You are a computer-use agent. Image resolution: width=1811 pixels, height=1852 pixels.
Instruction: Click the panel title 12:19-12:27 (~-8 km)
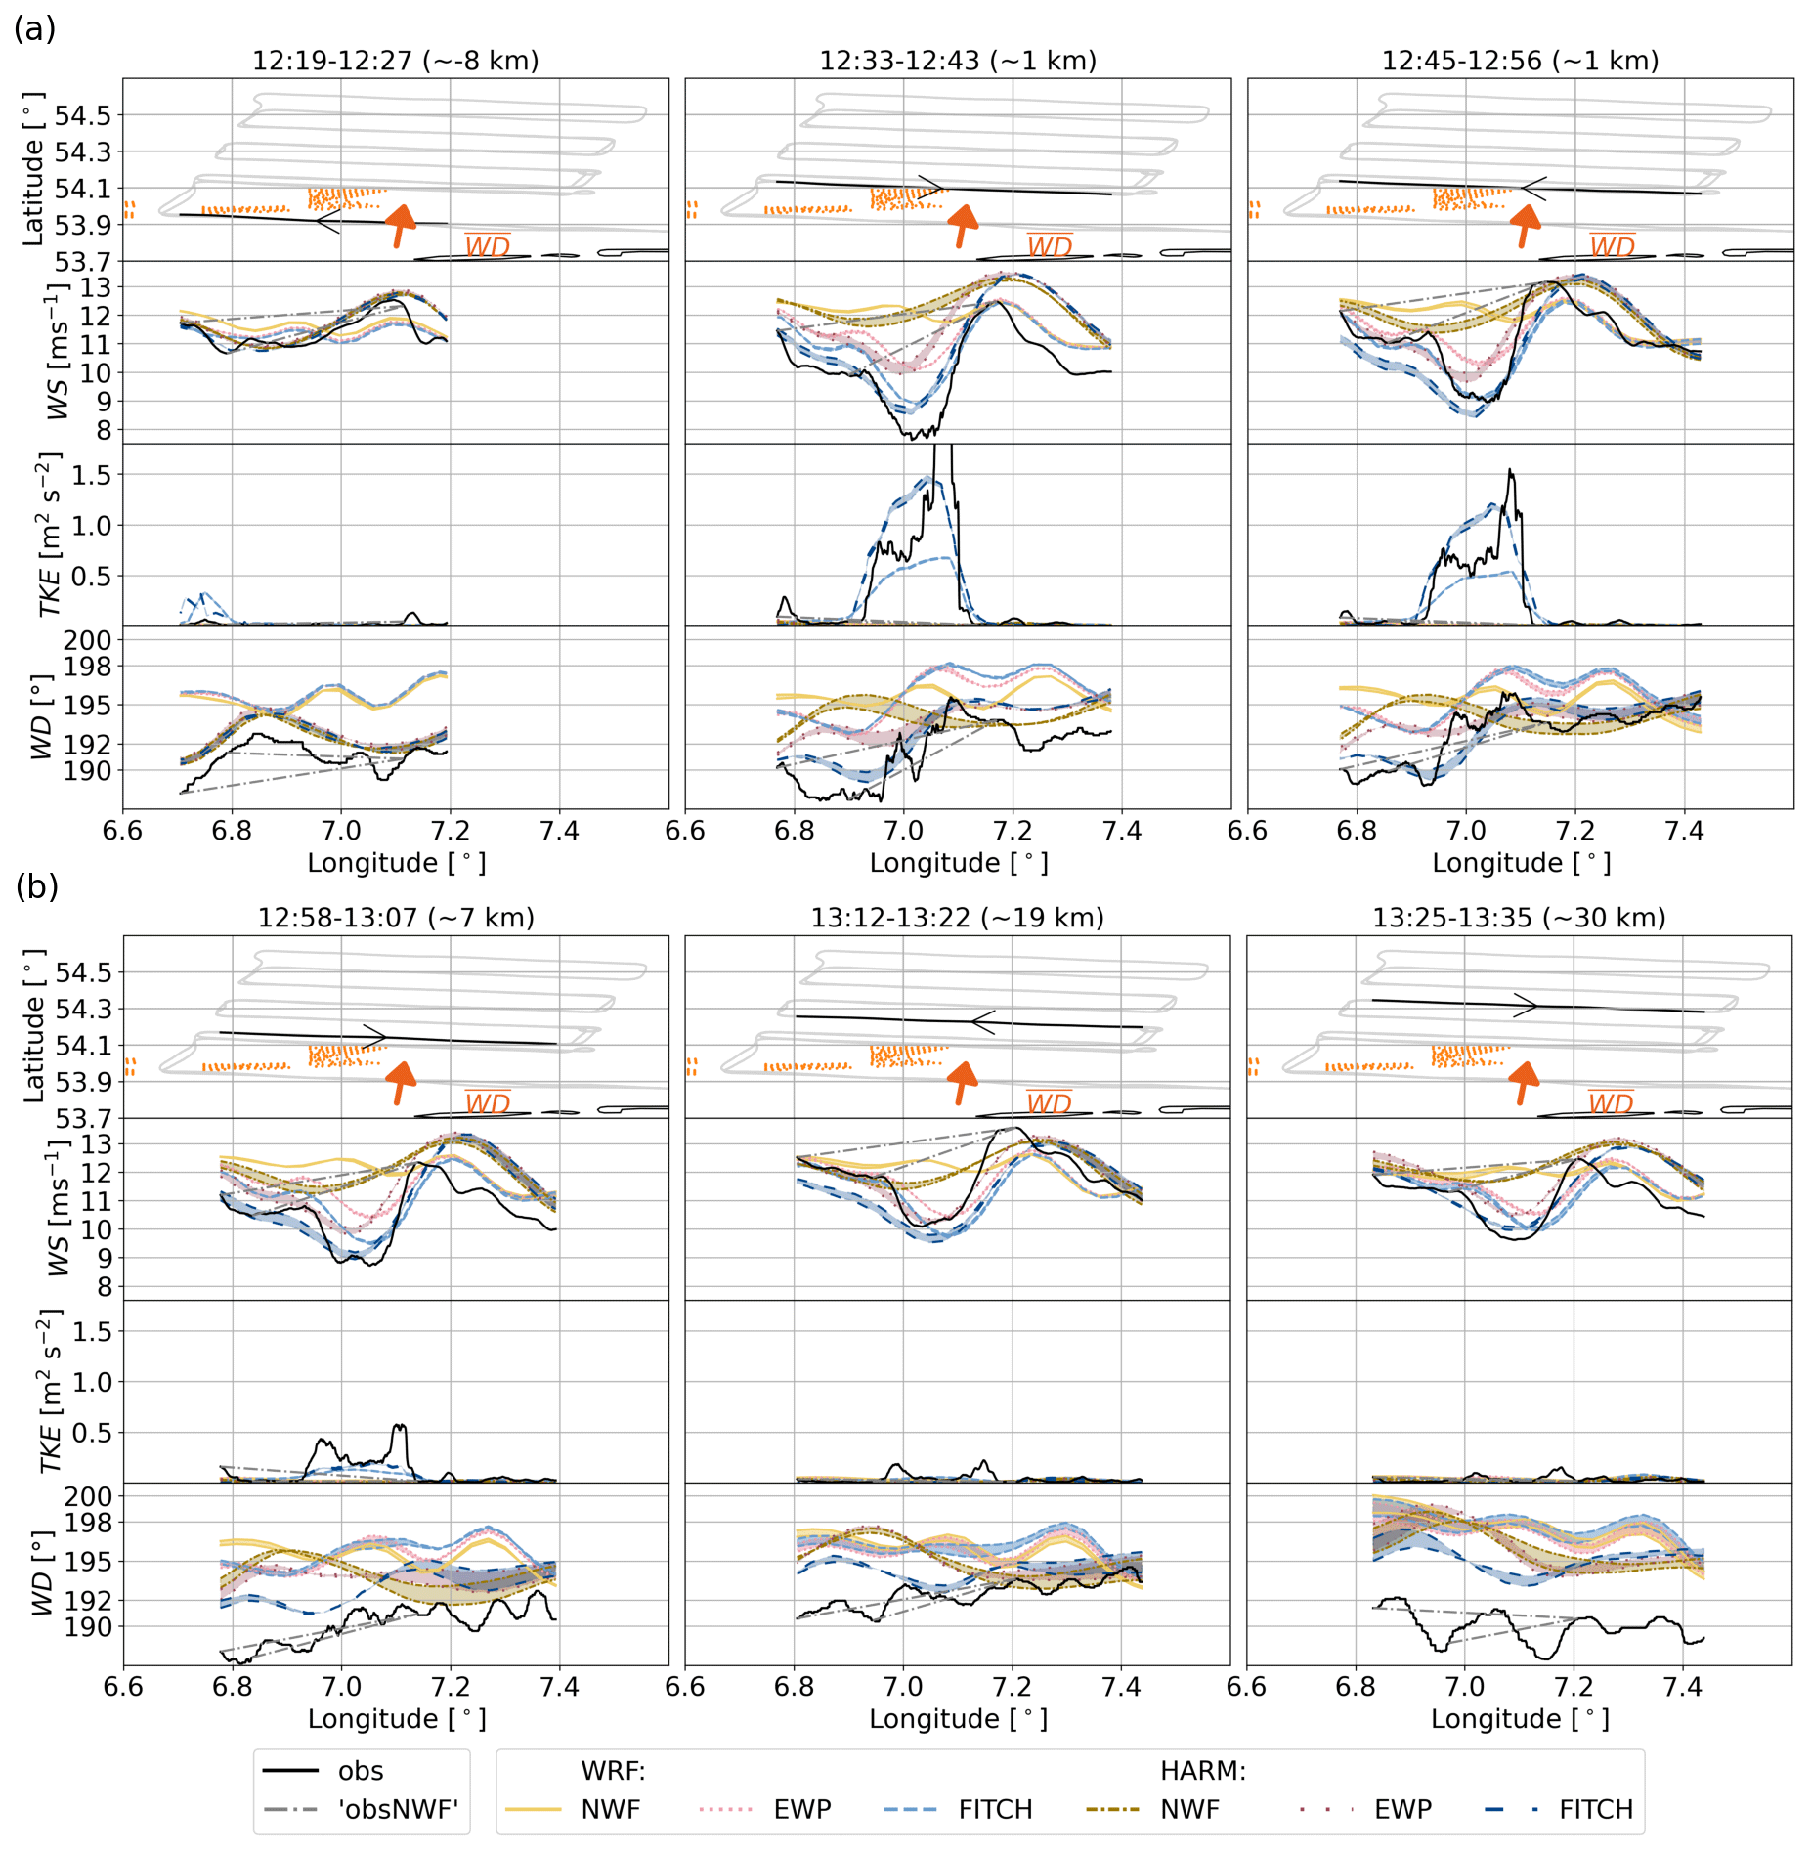tap(396, 61)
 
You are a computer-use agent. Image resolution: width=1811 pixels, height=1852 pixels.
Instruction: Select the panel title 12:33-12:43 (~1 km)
tap(958, 61)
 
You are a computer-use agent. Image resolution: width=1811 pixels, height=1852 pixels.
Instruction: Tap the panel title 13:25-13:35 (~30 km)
tap(1519, 918)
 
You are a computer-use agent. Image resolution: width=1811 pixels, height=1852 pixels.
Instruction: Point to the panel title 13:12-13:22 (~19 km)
tap(957, 918)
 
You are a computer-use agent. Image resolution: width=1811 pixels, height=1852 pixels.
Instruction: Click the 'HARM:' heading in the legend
tap(1202, 1771)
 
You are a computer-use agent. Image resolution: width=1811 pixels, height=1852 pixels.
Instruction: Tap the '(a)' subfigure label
tap(35, 29)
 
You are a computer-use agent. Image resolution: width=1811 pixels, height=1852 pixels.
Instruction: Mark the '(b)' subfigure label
tap(37, 886)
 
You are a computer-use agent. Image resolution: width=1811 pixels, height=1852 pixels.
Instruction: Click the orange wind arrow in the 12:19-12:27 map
tap(399, 226)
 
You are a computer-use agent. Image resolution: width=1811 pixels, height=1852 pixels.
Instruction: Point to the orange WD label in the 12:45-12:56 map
tap(1612, 246)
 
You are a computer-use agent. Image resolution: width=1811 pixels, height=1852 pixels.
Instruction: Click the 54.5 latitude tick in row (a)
tap(83, 115)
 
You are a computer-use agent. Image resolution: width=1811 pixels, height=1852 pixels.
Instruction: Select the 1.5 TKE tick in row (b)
tap(91, 1331)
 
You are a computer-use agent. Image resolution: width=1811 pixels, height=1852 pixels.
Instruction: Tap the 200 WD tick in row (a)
tap(87, 640)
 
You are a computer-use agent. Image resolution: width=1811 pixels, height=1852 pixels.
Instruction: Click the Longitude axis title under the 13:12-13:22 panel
tap(958, 1719)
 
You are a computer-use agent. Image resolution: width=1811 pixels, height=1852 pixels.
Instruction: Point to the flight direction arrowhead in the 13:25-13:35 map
tap(1526, 1005)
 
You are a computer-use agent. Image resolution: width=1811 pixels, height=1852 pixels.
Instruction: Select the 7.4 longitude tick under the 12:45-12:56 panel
tap(1684, 831)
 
